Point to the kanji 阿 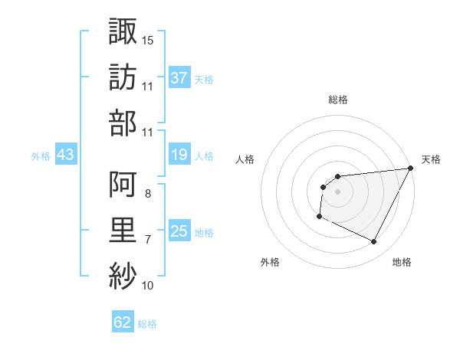tap(123, 184)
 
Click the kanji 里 tap(123, 230)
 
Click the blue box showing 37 tap(179, 77)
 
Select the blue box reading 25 tap(179, 231)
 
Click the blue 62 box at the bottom tap(123, 322)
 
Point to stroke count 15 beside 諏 tap(148, 39)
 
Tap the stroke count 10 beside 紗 tap(148, 286)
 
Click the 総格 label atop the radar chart tap(338, 100)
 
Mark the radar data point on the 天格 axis tap(410, 169)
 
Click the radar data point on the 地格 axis tap(374, 242)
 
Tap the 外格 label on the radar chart tap(270, 262)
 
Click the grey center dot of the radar tap(338, 191)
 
